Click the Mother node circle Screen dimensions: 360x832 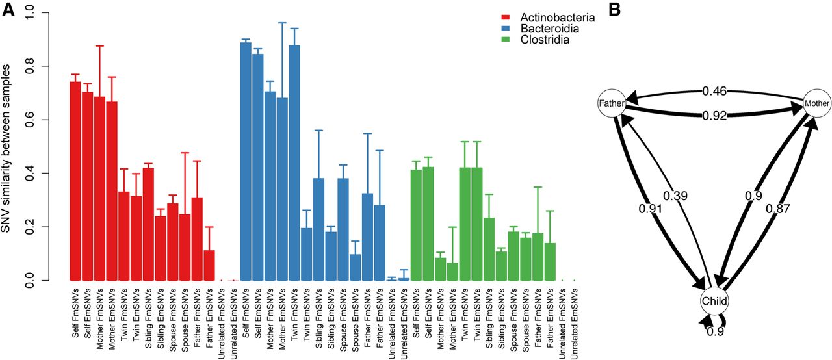point(816,103)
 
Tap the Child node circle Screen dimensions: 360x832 point(714,301)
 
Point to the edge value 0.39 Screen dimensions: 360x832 point(675,195)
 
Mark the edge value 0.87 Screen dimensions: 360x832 point(777,209)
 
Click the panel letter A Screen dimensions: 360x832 point(9,10)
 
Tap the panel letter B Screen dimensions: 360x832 point(621,10)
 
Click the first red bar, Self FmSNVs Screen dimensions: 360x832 point(75,181)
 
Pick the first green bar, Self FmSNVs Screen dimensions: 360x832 point(417,225)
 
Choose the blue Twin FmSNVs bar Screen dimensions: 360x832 point(294,162)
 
